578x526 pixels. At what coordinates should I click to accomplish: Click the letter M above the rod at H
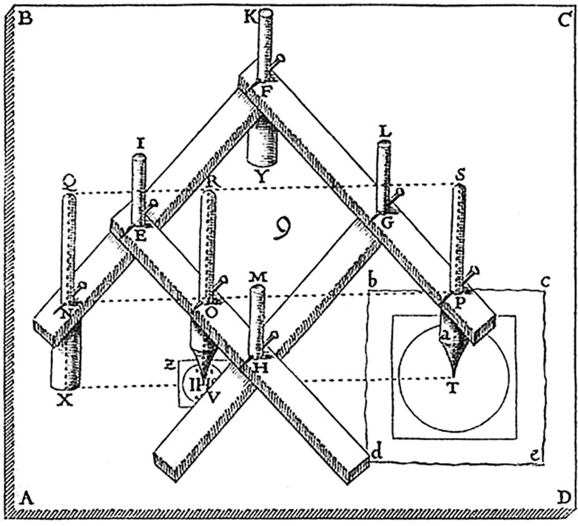coord(256,276)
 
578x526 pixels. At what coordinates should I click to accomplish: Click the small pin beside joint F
coord(278,61)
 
